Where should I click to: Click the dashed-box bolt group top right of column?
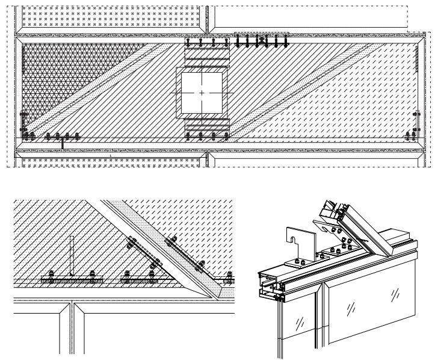262,41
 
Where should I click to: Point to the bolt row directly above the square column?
207,43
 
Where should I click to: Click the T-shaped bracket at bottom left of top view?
63,143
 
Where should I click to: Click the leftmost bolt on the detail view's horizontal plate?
51,278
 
